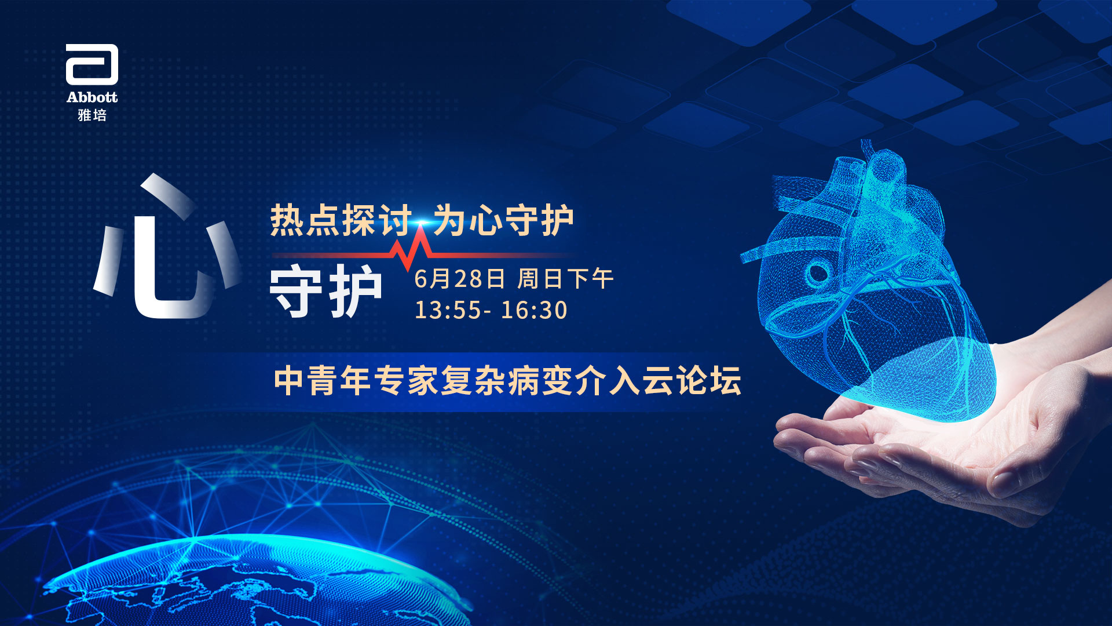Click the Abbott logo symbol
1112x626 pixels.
pyautogui.click(x=92, y=64)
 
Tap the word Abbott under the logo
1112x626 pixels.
pyautogui.click(x=92, y=97)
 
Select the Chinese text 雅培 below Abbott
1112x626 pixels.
pyautogui.click(x=92, y=115)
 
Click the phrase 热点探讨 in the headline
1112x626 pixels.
pyautogui.click(x=341, y=220)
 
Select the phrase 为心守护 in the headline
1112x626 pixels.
pyautogui.click(x=504, y=220)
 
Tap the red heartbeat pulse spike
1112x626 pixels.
pyautogui.click(x=412, y=249)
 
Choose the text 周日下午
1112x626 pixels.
pyautogui.click(x=565, y=279)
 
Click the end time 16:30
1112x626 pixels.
pyautogui.click(x=534, y=310)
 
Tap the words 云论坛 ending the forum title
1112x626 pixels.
pyautogui.click(x=692, y=381)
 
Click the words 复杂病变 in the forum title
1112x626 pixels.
pyautogui.click(x=507, y=381)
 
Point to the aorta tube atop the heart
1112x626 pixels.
pyautogui.click(x=883, y=168)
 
